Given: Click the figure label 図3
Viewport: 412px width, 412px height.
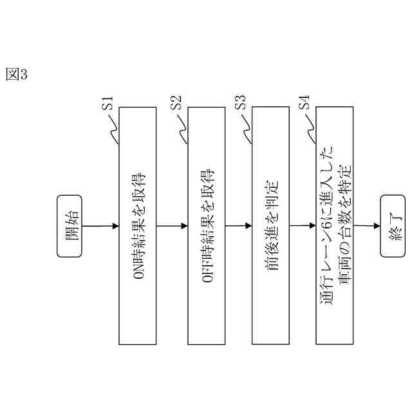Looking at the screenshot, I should (x=16, y=74).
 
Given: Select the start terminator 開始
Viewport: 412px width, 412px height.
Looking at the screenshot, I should (x=70, y=225).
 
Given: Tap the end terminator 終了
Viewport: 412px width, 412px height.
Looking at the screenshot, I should (x=393, y=225).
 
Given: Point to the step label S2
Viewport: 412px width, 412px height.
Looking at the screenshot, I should (x=176, y=103).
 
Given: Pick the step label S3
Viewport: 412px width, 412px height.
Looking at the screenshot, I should (x=240, y=103).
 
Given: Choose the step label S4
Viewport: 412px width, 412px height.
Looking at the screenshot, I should (x=304, y=103).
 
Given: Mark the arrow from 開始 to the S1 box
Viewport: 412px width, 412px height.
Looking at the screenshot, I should (x=100, y=225).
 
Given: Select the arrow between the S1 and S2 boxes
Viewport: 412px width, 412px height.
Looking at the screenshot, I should (x=171, y=225).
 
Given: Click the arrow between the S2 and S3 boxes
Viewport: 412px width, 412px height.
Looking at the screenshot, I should (x=236, y=225).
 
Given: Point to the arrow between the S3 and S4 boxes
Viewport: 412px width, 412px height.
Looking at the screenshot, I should (x=302, y=225).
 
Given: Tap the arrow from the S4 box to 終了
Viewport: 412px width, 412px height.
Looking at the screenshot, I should (x=366, y=225).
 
